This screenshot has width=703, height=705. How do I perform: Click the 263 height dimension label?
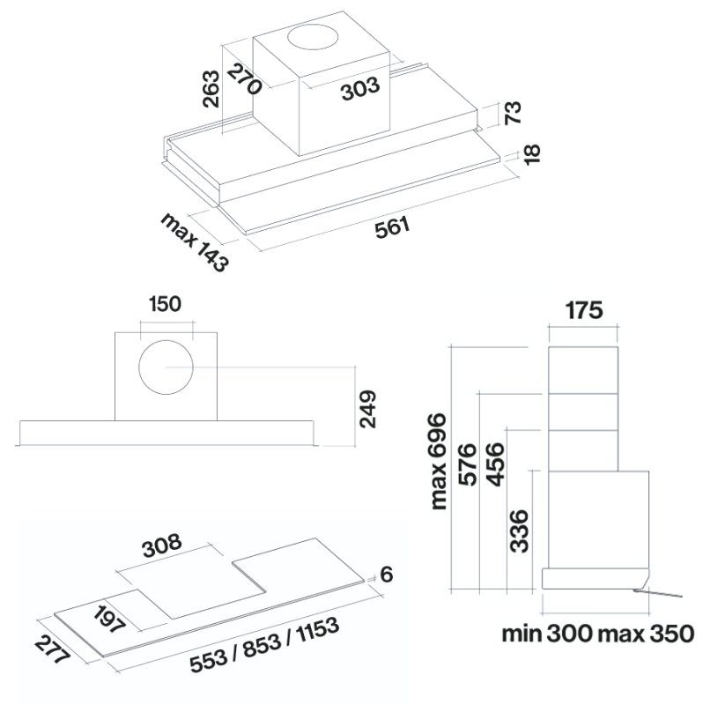[x=211, y=89]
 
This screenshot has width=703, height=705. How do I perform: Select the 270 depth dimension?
[x=244, y=79]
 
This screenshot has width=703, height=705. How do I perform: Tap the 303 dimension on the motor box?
[x=360, y=89]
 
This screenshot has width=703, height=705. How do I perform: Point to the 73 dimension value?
[x=513, y=113]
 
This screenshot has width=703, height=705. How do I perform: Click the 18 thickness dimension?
[x=532, y=155]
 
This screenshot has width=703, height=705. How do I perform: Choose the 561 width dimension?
[x=393, y=228]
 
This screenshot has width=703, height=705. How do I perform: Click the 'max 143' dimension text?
[x=195, y=241]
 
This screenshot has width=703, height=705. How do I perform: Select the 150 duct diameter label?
[x=165, y=304]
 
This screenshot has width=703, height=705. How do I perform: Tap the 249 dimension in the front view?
[x=367, y=409]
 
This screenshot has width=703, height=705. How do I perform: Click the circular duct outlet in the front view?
[x=166, y=367]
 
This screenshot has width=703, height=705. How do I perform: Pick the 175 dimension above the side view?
[x=584, y=310]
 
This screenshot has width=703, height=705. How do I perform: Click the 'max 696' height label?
[x=438, y=462]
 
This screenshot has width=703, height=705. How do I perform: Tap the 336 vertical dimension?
[x=519, y=531]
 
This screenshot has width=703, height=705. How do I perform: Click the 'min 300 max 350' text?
[x=598, y=634]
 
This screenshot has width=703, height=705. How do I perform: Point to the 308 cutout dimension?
[x=162, y=545]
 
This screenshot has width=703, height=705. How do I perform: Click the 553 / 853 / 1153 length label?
[x=264, y=646]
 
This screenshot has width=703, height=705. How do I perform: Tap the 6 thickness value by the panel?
[x=387, y=575]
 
